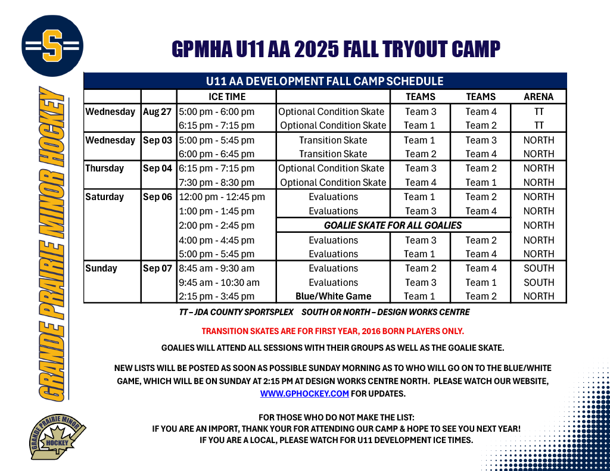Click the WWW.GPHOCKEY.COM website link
(x=304, y=394)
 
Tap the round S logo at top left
(x=52, y=46)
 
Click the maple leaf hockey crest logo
(x=57, y=437)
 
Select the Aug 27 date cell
(x=157, y=111)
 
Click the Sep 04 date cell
(x=157, y=169)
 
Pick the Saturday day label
(x=105, y=197)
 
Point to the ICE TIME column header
(x=227, y=97)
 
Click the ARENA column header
(x=539, y=97)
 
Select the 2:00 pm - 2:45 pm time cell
(x=216, y=226)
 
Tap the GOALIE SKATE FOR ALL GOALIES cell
(x=393, y=226)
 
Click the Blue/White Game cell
(x=334, y=297)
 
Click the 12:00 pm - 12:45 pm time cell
(x=222, y=197)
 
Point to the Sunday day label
(x=101, y=269)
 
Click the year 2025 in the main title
(x=317, y=49)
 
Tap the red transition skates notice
(x=332, y=332)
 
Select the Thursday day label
(x=105, y=169)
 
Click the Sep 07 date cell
(x=157, y=269)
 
